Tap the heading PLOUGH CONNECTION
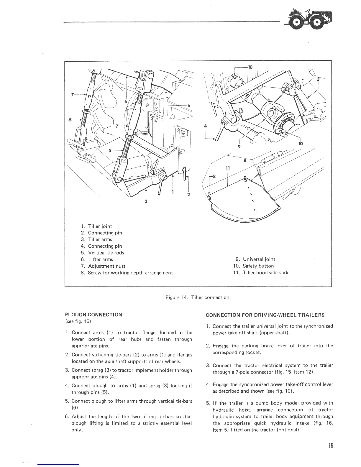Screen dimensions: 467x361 pyautogui.click(x=93, y=315)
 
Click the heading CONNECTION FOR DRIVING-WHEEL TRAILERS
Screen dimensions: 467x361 pyautogui.click(x=265, y=315)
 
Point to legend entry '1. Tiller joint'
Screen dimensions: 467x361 pyautogui.click(x=96, y=226)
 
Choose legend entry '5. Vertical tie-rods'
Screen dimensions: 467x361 pyautogui.click(x=102, y=253)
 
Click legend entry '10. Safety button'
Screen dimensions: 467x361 pyautogui.click(x=253, y=266)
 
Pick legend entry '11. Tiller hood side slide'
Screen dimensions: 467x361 pyautogui.click(x=261, y=273)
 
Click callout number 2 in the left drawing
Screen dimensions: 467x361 pyautogui.click(x=189, y=195)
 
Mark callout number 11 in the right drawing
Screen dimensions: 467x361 pyautogui.click(x=227, y=168)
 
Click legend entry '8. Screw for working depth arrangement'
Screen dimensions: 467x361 pyautogui.click(x=127, y=273)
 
